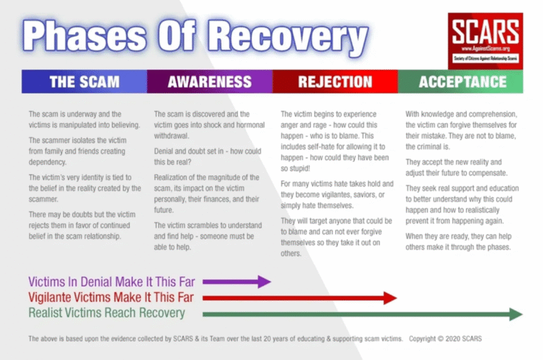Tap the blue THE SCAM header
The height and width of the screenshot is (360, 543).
[84, 82]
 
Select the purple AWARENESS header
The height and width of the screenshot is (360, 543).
[209, 82]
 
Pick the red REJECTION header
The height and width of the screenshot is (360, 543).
[335, 82]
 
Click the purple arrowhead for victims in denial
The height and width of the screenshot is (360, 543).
[264, 281]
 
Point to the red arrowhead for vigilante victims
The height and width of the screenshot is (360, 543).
[390, 298]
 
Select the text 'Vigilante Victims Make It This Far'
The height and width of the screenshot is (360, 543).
[111, 297]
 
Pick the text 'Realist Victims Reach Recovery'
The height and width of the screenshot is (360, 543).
[107, 313]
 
